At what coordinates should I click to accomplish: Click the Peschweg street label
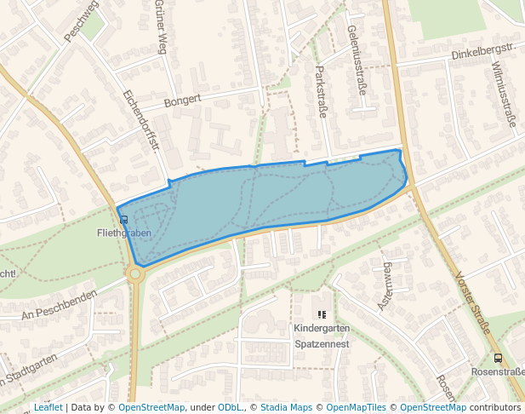coord(82,21)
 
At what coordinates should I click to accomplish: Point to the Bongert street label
coord(182,100)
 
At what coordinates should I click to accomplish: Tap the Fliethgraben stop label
coord(124,233)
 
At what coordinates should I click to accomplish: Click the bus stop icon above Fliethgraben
coord(124,220)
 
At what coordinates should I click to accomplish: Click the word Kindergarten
coord(322,329)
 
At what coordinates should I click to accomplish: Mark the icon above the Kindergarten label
coord(322,314)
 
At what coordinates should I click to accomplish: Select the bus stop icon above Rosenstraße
coord(498,359)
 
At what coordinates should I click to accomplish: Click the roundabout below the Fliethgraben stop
coord(134,273)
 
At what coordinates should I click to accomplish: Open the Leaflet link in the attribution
coord(48,407)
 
